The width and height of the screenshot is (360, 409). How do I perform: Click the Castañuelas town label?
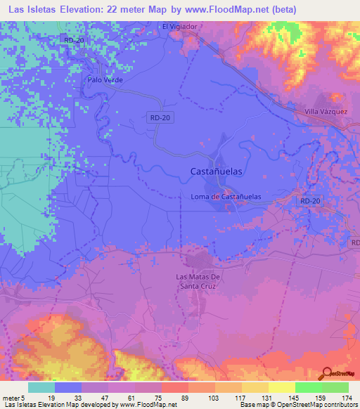(x=218, y=171)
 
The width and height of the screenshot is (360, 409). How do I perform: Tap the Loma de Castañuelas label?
(x=231, y=197)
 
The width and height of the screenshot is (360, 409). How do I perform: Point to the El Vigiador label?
(x=180, y=26)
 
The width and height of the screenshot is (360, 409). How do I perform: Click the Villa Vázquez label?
(x=326, y=111)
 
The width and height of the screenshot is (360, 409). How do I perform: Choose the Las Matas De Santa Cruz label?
(x=198, y=281)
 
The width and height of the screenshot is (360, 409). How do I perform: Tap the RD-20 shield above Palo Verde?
(x=73, y=40)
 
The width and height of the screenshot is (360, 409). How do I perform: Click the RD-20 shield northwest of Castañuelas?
(x=159, y=119)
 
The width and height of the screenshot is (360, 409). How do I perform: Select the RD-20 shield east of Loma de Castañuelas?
(x=309, y=201)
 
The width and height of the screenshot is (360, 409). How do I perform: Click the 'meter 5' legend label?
(x=14, y=397)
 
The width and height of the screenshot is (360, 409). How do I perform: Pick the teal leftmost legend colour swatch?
(x=41, y=387)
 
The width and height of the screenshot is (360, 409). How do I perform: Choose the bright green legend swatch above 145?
(x=309, y=387)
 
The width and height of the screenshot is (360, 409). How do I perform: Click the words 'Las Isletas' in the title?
(x=33, y=9)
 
